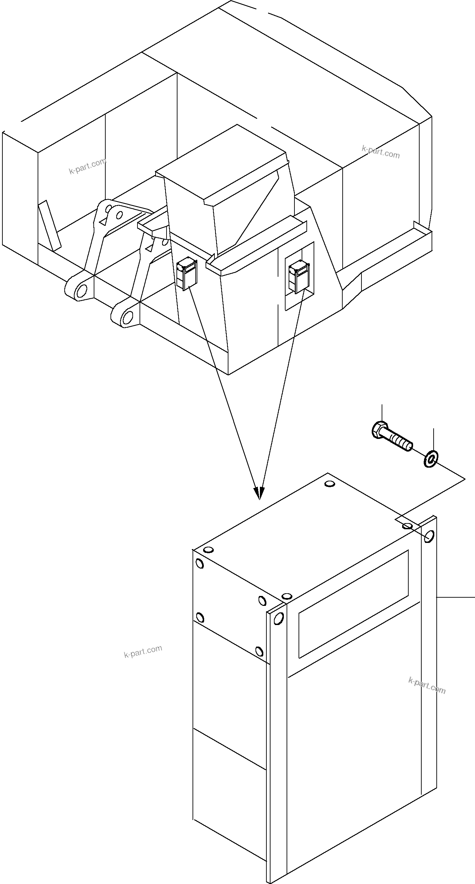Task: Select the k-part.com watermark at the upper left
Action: pos(88,167)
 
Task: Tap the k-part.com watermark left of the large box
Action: pos(143,651)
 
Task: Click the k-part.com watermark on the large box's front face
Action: pos(427,686)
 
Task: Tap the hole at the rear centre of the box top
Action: pos(329,484)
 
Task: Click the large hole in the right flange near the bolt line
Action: pos(429,536)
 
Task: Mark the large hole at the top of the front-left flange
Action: pos(278,619)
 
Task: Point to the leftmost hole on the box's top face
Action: pos(208,550)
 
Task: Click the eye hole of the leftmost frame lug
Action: pos(82,290)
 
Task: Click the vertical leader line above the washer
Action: pos(434,439)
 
